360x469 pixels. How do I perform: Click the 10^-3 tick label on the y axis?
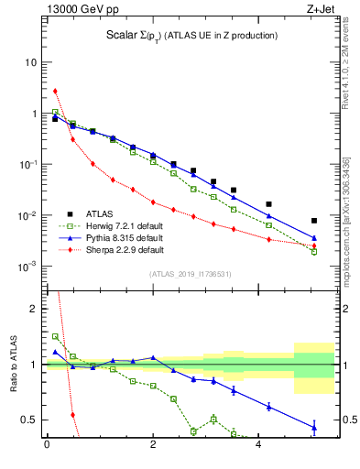point(27,267)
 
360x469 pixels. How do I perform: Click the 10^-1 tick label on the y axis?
point(27,165)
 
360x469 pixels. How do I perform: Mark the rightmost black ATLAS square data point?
point(314,221)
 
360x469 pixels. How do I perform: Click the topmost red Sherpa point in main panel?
point(55,91)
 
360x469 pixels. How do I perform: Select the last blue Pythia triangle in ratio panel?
point(314,426)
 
